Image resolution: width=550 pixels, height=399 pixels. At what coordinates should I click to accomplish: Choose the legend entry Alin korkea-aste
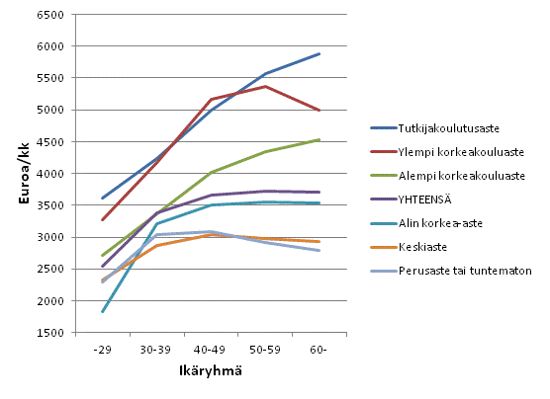(440, 223)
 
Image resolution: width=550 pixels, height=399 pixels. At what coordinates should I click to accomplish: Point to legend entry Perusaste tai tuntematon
(465, 271)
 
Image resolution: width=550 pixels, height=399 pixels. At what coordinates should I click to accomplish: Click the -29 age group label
(103, 350)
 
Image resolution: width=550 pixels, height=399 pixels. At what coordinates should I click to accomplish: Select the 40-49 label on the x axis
(211, 350)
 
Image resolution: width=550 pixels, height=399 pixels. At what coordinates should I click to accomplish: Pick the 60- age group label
(319, 350)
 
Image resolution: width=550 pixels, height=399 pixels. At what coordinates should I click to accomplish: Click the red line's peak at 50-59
(265, 86)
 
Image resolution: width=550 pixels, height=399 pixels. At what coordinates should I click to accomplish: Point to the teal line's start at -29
(103, 312)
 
